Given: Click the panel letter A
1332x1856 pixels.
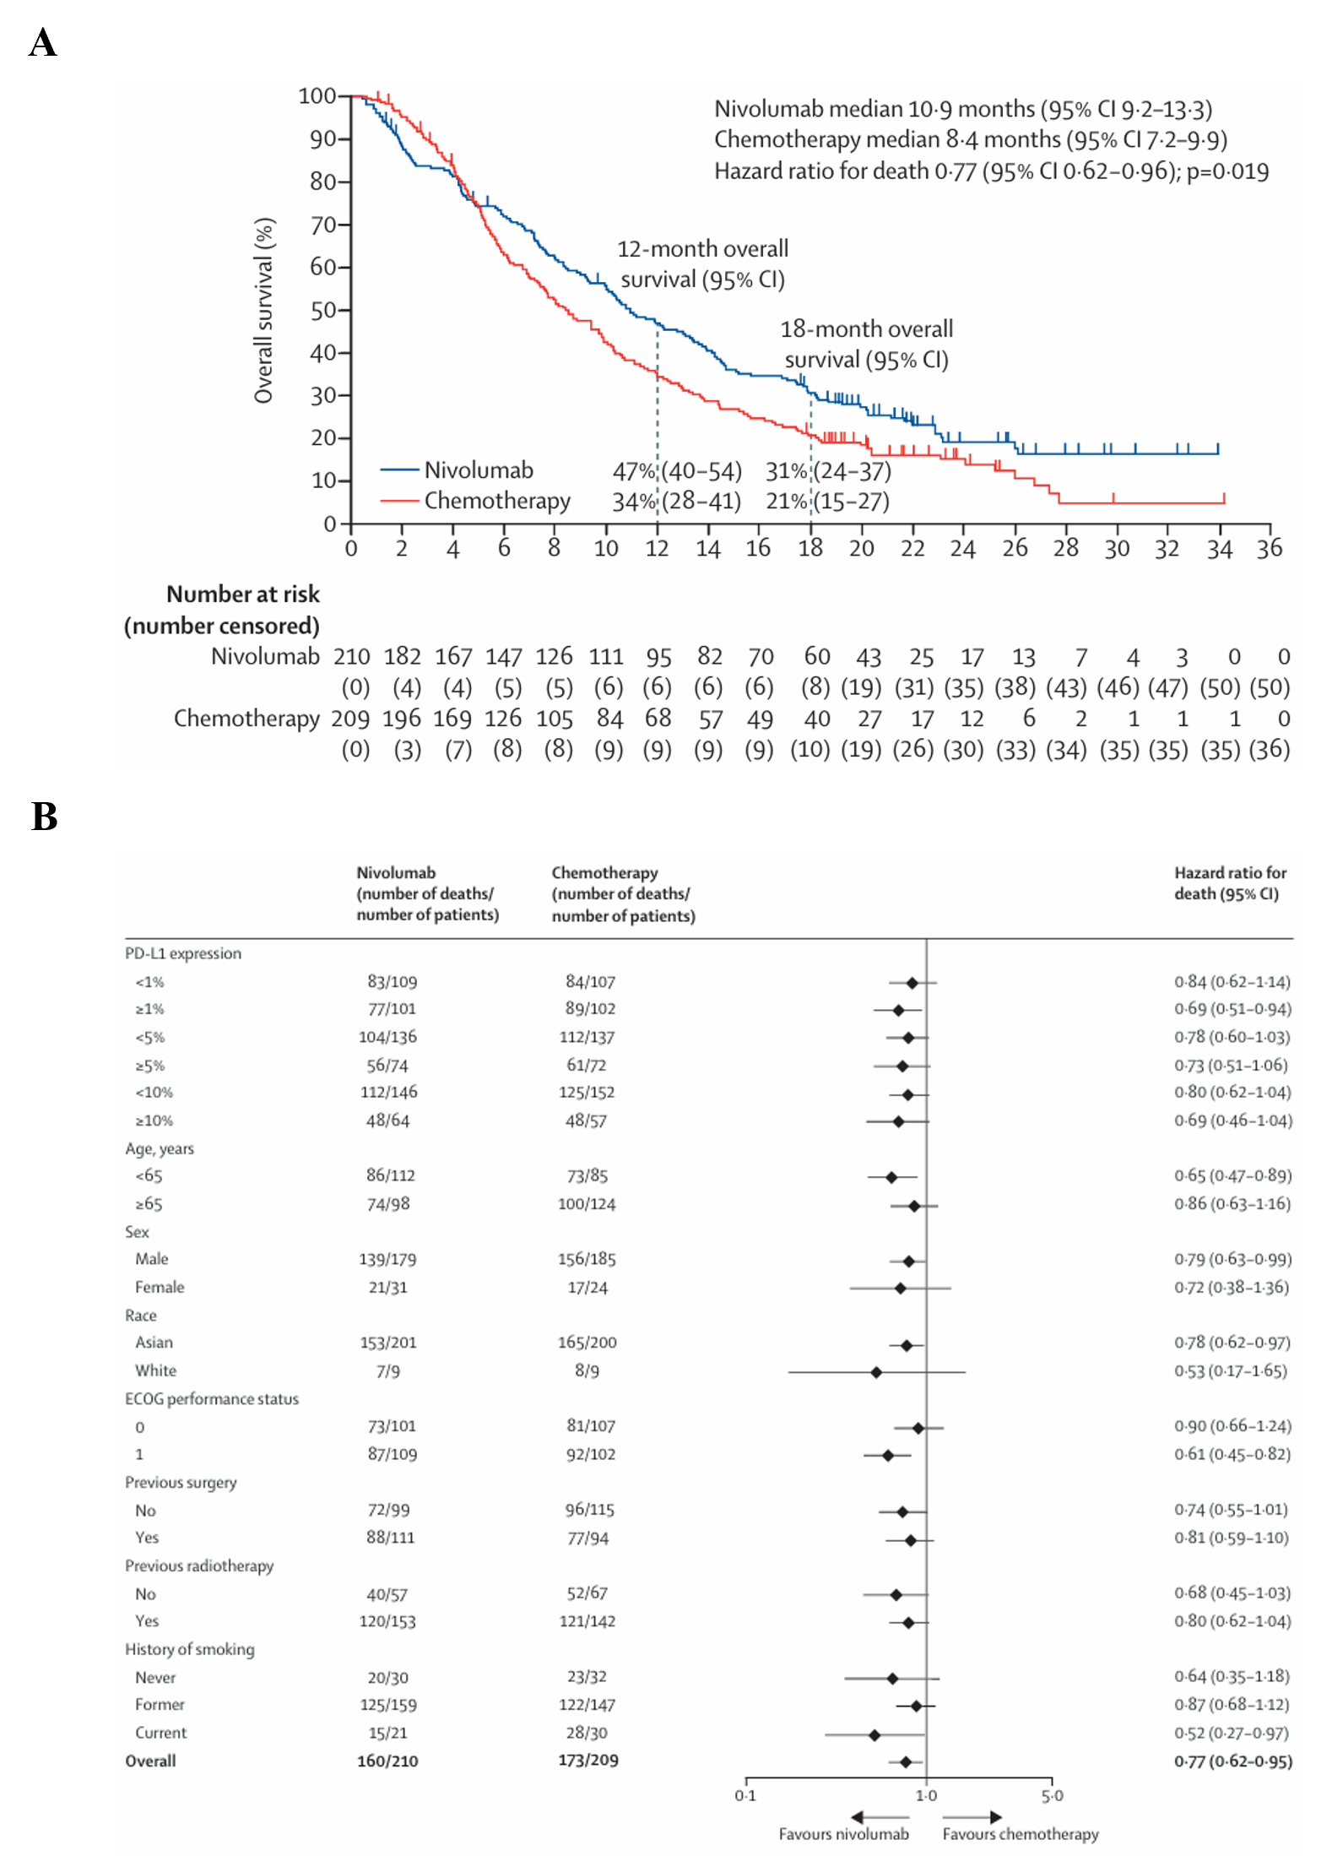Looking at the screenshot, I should (x=42, y=42).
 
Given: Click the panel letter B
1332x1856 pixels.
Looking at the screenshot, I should (x=44, y=817).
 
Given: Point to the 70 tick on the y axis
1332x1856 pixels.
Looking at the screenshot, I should (x=323, y=225).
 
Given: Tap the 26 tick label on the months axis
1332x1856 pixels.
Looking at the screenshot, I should (x=1015, y=549).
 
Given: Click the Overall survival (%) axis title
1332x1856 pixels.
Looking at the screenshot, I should (x=264, y=311).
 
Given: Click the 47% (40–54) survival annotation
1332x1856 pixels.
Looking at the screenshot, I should (x=677, y=470).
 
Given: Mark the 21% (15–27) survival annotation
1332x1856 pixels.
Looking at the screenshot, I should (x=827, y=502).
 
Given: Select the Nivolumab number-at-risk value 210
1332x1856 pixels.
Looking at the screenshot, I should (x=351, y=656).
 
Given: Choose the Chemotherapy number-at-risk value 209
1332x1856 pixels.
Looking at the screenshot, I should (x=350, y=719).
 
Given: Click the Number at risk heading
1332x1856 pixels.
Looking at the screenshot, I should (x=243, y=594).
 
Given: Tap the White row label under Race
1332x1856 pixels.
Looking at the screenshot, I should (x=156, y=1370).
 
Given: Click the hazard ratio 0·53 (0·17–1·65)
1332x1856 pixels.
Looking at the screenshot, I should (x=1230, y=1370).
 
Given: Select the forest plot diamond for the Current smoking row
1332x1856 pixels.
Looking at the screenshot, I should (x=874, y=1735).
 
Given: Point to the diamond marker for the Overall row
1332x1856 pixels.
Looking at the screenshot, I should (x=906, y=1762).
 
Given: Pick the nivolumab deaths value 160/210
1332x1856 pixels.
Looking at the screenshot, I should (x=387, y=1761).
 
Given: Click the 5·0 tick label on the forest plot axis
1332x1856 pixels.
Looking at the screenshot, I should (x=1052, y=1796).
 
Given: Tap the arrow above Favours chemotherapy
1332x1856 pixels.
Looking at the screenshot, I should (x=972, y=1817).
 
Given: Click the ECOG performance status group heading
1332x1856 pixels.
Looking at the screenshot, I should (x=212, y=1399).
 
